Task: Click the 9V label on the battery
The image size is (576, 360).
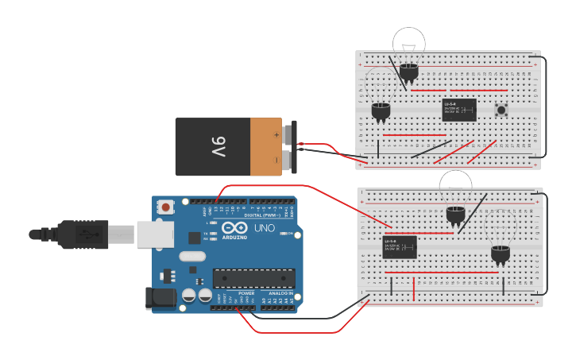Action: [x=218, y=146]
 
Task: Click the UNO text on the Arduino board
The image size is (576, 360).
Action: [x=264, y=228]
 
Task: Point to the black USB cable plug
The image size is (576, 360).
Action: [x=72, y=234]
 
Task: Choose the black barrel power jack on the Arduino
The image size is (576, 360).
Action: [x=160, y=298]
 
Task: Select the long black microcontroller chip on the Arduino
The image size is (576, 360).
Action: [x=253, y=278]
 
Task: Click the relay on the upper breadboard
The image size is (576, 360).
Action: [x=459, y=110]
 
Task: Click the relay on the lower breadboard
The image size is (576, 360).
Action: [x=400, y=247]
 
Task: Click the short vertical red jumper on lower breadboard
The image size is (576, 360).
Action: [x=413, y=289]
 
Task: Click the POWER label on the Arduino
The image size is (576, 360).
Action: [x=245, y=293]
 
